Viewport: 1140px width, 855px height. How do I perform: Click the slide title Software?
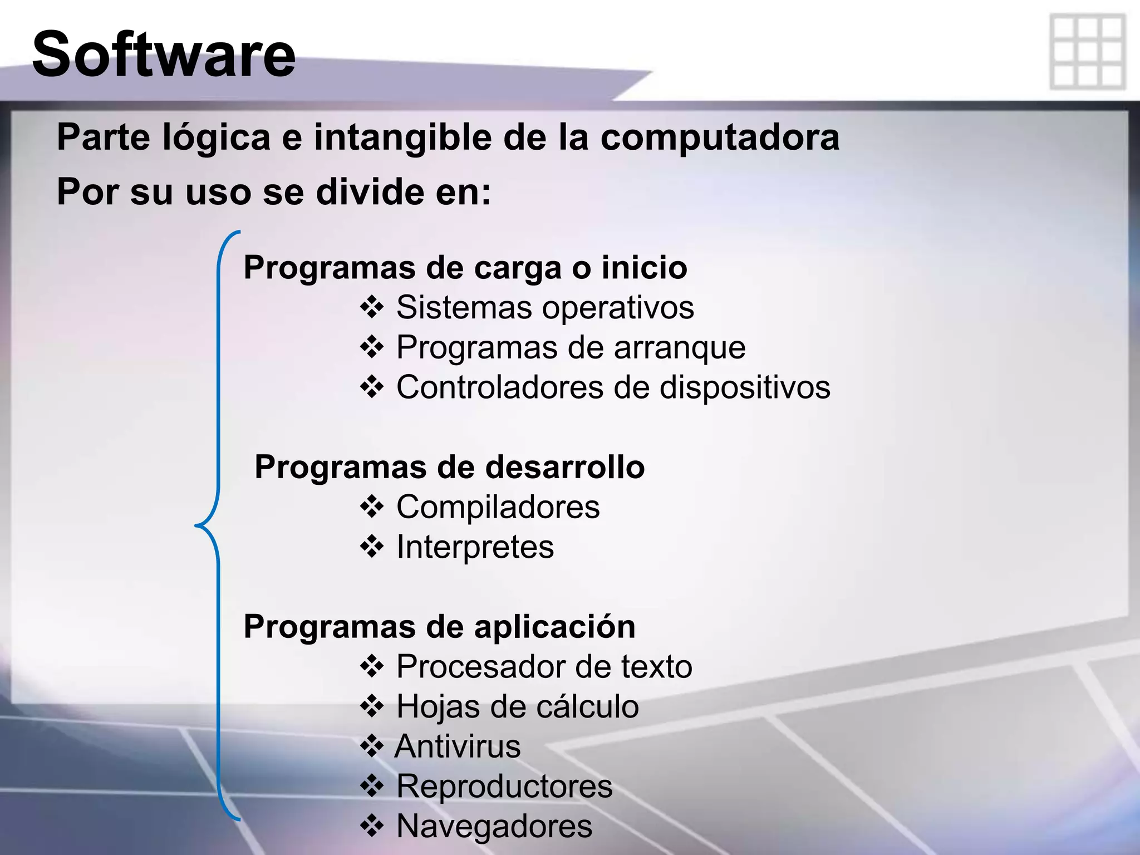point(164,55)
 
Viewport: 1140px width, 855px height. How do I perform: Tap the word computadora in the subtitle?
point(719,137)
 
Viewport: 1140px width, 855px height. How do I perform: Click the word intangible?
point(402,137)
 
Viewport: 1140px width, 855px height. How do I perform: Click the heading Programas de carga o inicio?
point(465,268)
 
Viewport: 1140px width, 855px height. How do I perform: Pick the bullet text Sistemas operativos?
point(545,307)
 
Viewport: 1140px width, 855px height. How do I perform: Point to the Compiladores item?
point(498,507)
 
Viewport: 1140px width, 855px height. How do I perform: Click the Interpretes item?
point(475,547)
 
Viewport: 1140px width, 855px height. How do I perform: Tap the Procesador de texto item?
point(544,666)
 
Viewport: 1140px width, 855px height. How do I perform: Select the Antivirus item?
point(458,746)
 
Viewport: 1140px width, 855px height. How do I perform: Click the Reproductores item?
point(504,787)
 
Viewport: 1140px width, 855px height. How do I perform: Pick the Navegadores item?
point(494,826)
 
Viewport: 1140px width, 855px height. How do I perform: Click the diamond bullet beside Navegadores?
point(372,826)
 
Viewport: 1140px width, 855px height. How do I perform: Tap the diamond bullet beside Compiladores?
point(372,507)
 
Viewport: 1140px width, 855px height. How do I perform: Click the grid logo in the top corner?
point(1088,52)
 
